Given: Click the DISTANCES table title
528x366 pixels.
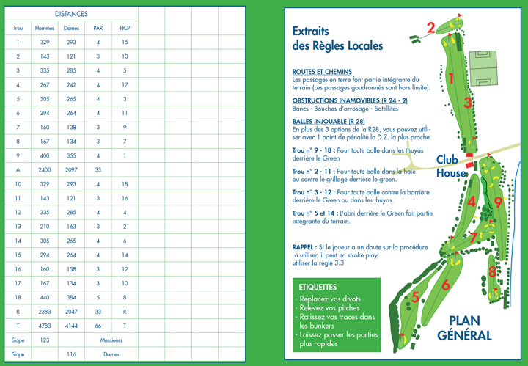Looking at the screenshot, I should point(71,14).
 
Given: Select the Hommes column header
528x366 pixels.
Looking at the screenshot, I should point(45,29).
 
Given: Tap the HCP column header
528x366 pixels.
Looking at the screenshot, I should point(125,29).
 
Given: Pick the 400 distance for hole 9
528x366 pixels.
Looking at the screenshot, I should point(45,155).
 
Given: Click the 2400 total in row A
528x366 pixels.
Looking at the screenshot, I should point(45,169).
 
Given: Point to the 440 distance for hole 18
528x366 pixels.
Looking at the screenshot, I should point(45,297).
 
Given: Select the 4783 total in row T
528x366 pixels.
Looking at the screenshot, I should point(45,326).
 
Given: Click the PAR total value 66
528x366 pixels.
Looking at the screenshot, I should point(98,326).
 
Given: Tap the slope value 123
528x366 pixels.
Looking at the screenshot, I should point(45,340).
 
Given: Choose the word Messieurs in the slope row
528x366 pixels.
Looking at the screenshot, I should point(111,340).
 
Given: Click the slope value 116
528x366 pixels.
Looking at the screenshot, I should point(71,354).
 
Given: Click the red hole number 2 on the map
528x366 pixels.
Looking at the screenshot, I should point(431,28).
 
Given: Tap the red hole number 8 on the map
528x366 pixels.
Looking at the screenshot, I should point(492,272).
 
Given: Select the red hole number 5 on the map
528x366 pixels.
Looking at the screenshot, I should point(415,297).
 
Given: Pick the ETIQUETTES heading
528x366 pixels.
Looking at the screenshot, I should point(318,287).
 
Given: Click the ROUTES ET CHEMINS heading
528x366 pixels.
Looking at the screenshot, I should point(322,72).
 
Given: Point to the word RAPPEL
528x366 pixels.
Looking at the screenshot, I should point(304,248).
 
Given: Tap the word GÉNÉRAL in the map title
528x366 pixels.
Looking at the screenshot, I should point(464,335).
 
